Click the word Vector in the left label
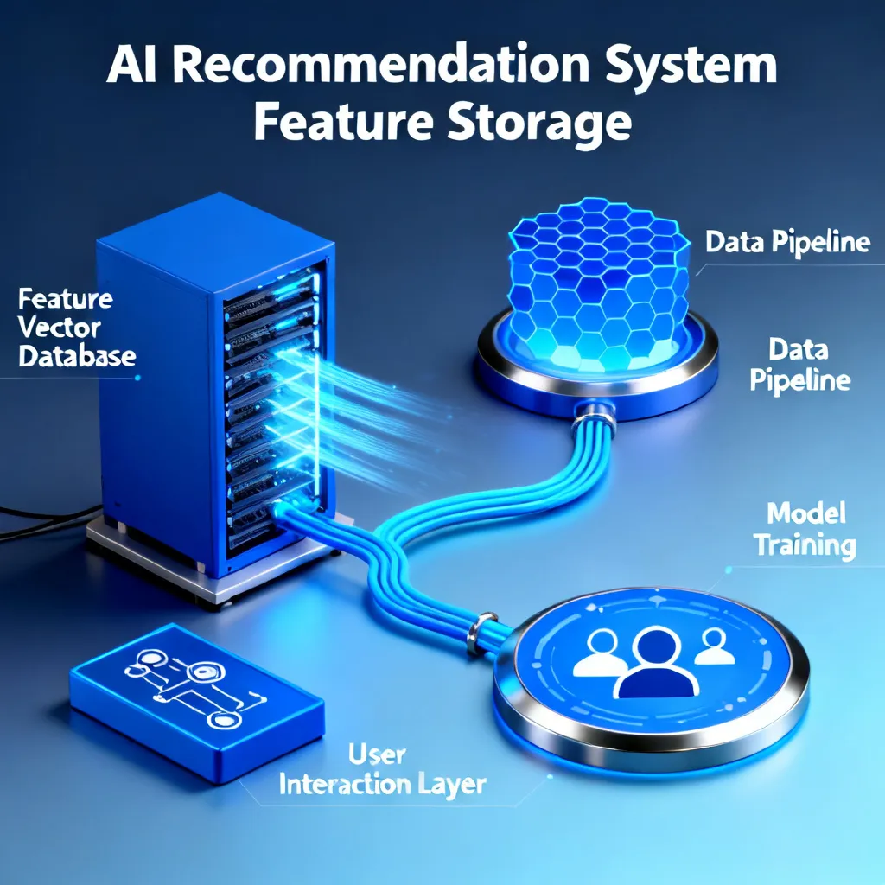point(59,328)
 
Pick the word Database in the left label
point(77,357)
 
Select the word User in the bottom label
point(377,754)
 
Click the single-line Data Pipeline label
point(787,243)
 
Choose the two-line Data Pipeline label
point(799,365)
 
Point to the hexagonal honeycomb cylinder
point(598,283)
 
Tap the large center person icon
point(656,664)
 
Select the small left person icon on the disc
point(602,655)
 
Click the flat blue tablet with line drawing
point(196,702)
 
